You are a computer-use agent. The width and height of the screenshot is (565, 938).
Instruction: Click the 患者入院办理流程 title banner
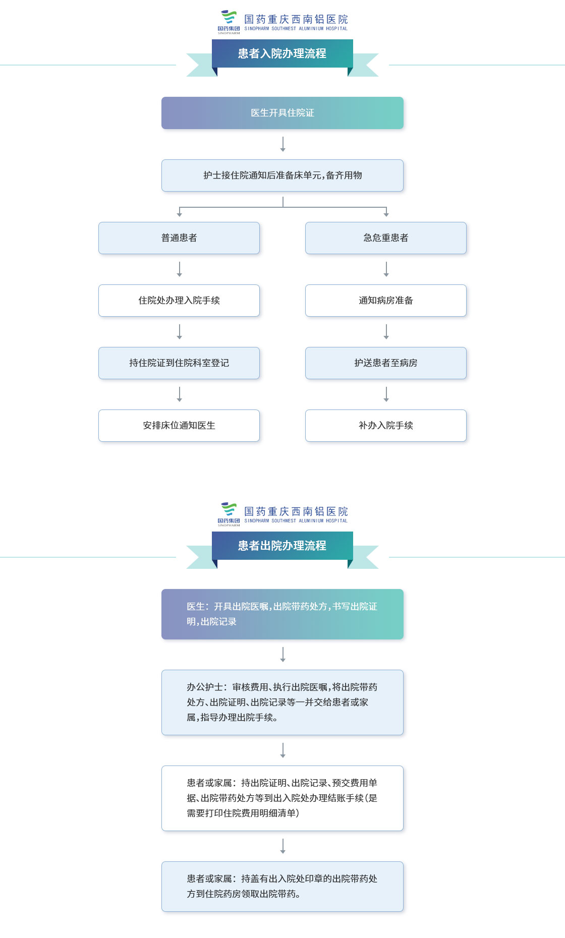(x=282, y=53)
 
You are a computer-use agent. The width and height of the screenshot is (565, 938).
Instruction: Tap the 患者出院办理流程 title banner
(x=282, y=546)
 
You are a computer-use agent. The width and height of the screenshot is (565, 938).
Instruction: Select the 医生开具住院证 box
(x=282, y=113)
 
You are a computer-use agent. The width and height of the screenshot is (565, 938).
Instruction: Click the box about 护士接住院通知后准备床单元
(x=282, y=175)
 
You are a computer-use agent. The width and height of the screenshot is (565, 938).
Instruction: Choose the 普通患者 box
(x=179, y=238)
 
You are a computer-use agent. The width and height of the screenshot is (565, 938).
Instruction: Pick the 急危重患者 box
(x=386, y=238)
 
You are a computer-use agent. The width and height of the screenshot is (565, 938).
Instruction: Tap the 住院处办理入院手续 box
(x=179, y=301)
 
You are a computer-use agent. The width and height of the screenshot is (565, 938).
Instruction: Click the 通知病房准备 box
(x=386, y=301)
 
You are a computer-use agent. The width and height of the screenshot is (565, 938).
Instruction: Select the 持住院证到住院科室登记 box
(x=179, y=363)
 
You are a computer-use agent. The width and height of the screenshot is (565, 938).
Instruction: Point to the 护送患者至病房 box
(x=386, y=363)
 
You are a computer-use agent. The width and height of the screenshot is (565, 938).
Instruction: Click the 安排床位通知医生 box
(x=179, y=426)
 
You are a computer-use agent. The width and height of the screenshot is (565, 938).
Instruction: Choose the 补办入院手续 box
(x=386, y=426)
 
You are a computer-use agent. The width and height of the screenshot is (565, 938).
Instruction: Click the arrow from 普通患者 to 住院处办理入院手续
(x=179, y=269)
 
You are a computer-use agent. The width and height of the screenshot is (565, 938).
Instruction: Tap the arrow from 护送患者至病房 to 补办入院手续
(x=386, y=394)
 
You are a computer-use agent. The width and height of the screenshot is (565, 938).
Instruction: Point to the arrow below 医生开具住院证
(x=282, y=144)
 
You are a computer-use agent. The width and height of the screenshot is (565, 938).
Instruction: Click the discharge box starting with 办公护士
(x=282, y=702)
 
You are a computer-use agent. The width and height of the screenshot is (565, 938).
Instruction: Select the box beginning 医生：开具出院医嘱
(x=282, y=614)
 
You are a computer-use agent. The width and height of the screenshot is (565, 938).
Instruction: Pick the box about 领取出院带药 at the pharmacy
(x=282, y=887)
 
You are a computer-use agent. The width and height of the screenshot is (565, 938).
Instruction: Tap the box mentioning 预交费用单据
(x=282, y=798)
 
